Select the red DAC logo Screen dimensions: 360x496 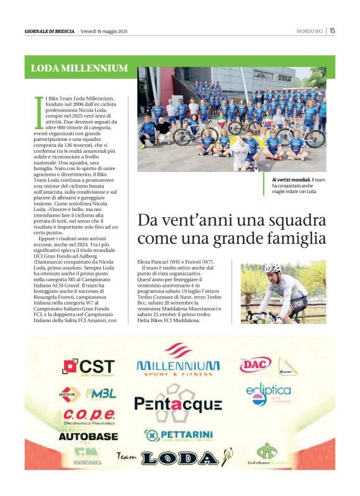click(x=256, y=365)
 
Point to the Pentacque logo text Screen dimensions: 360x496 click(x=178, y=405)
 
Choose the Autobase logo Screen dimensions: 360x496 click(x=88, y=436)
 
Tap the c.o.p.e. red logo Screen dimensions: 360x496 click(x=88, y=414)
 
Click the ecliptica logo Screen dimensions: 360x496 click(x=268, y=392)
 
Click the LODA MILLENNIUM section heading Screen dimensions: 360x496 click(x=79, y=68)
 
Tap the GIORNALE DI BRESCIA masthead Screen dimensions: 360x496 click(x=50, y=31)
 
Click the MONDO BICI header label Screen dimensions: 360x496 click(x=309, y=31)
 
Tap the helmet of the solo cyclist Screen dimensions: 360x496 click(x=272, y=268)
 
